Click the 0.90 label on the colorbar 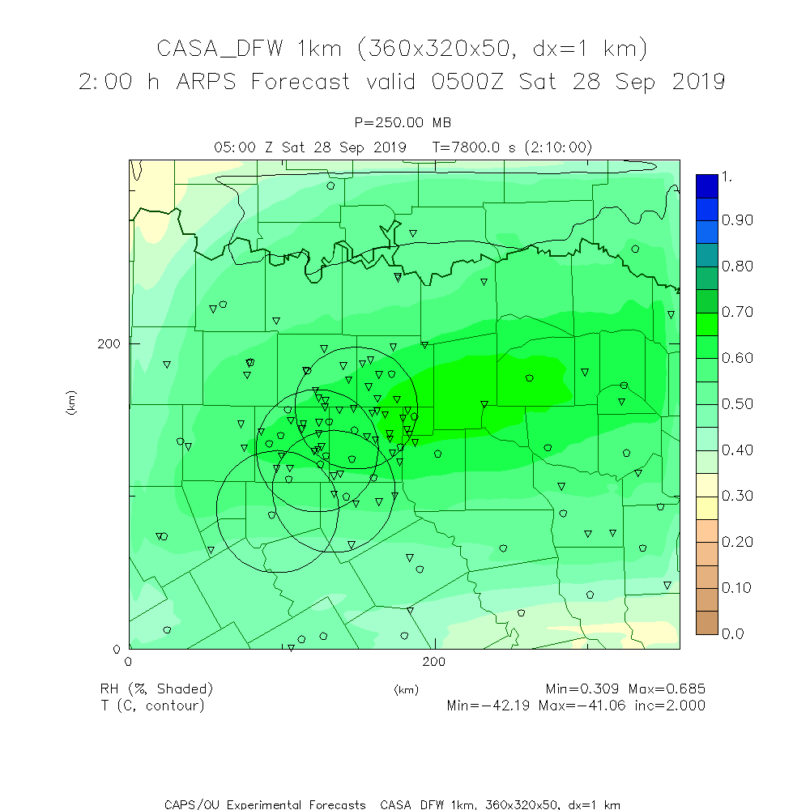click(x=737, y=220)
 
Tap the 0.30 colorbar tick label click(x=737, y=496)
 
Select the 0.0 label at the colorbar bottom click(x=732, y=633)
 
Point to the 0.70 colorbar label click(x=737, y=312)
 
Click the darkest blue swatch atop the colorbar click(x=706, y=185)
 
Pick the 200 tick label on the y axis click(x=108, y=343)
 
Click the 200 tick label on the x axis click(x=435, y=662)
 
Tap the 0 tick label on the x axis click(x=129, y=662)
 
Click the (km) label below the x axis click(x=406, y=690)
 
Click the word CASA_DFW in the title click(x=220, y=49)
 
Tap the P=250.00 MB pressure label click(x=403, y=122)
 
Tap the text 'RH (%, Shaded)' click(x=156, y=689)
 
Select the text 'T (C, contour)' click(x=152, y=706)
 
